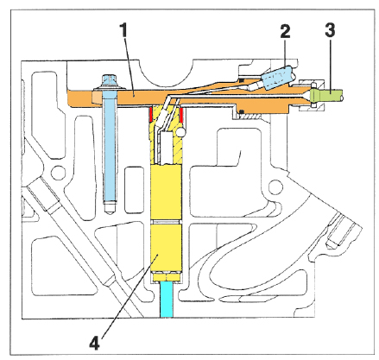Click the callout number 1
(x=124, y=30)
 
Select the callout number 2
(x=285, y=31)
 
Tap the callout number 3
(x=330, y=30)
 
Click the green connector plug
(x=326, y=95)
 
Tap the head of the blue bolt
(x=110, y=80)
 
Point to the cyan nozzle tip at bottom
(x=167, y=300)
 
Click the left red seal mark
(x=150, y=114)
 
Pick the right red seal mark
(x=181, y=114)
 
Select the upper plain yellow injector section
(x=166, y=193)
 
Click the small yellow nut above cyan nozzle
(x=167, y=277)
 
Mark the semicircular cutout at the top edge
(x=167, y=73)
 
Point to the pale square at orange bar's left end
(x=98, y=98)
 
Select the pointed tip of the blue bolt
(x=111, y=213)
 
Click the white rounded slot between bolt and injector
(x=135, y=190)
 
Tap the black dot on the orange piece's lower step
(x=243, y=111)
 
